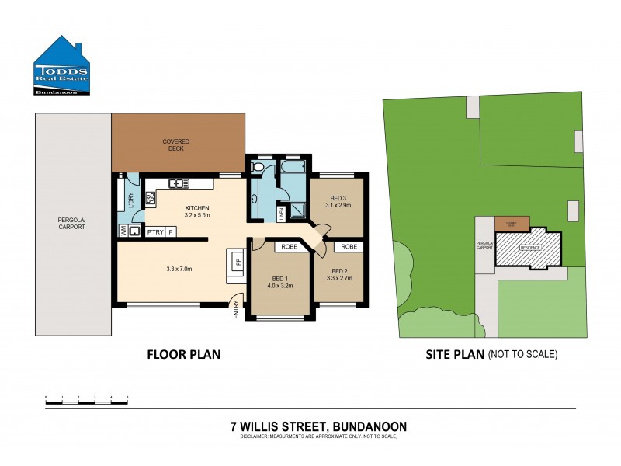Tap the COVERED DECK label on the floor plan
point(176,144)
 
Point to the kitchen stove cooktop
point(151,196)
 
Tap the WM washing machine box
point(123,231)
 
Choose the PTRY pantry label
point(154,231)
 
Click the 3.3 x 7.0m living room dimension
point(179,270)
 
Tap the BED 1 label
point(280,278)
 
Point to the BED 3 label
point(338,199)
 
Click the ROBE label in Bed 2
point(349,246)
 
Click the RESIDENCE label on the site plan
point(529,248)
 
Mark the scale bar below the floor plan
point(86,399)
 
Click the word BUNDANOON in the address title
point(369,426)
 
